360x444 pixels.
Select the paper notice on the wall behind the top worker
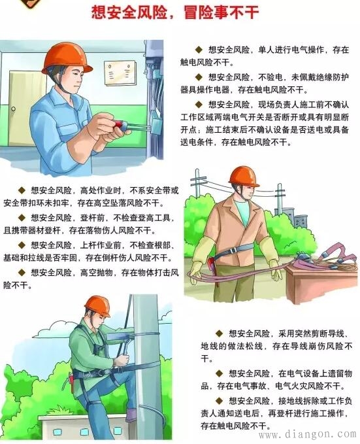click(120, 75)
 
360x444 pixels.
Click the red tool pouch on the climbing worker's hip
click(71, 380)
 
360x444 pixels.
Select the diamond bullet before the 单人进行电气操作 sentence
click(199, 49)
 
